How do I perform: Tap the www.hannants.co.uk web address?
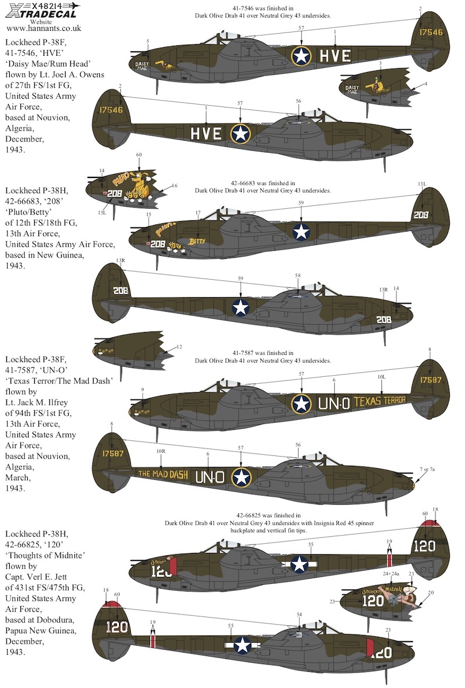(x=44, y=28)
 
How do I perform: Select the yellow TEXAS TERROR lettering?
(x=380, y=400)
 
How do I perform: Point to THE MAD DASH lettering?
(x=163, y=474)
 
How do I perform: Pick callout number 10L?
(x=381, y=377)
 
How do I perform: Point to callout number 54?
(x=299, y=615)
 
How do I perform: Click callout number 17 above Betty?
(x=198, y=213)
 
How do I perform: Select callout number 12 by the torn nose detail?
(x=179, y=347)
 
